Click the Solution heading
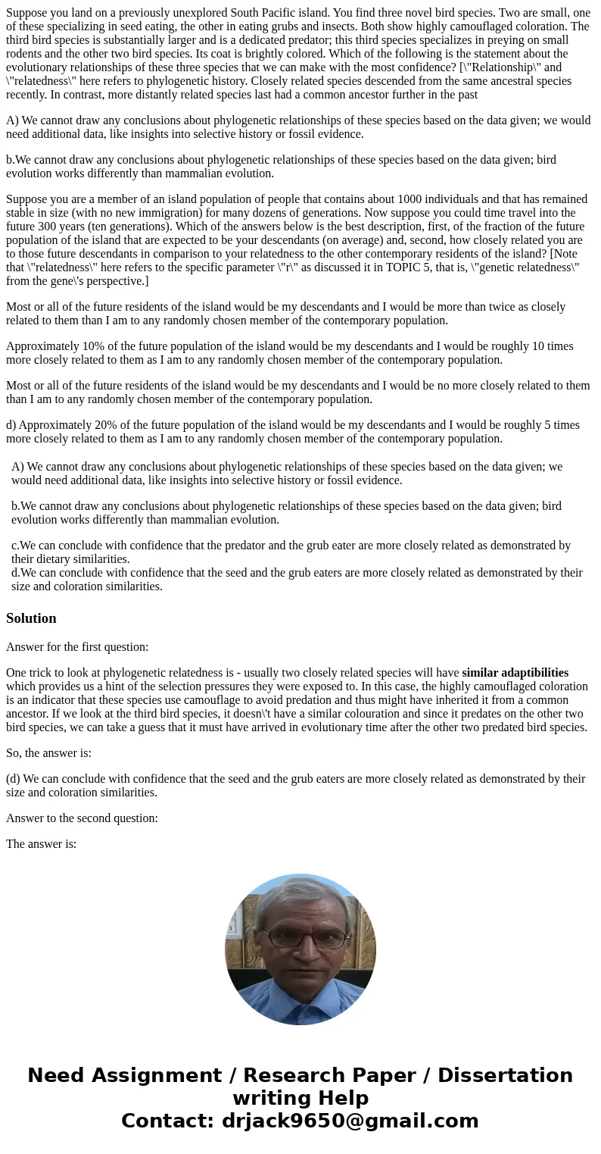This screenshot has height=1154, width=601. [31, 618]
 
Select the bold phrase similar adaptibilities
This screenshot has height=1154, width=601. [515, 673]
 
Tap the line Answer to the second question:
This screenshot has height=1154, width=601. [82, 818]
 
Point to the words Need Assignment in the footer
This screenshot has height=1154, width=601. [123, 1076]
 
